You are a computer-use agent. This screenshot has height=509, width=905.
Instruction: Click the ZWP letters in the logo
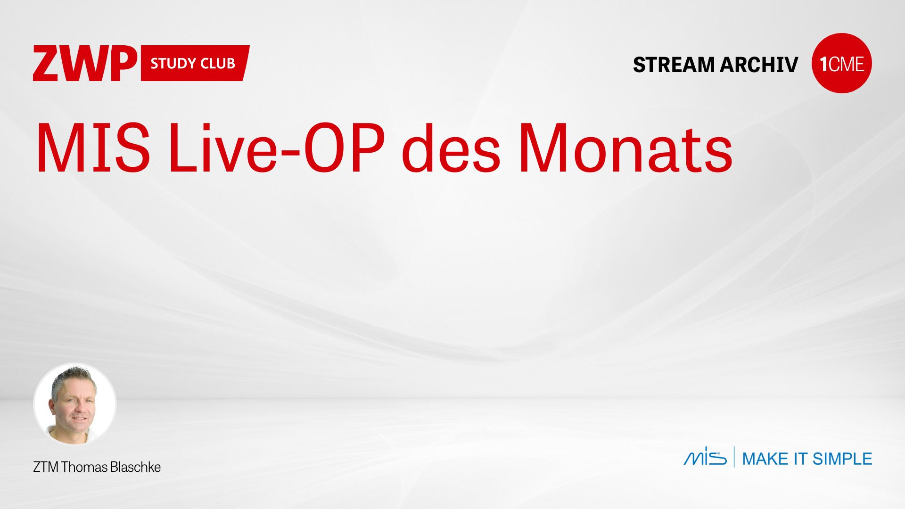coord(85,63)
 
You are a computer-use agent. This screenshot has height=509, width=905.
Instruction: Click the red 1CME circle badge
coord(842,63)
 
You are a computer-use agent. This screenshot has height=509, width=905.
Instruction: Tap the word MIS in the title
coord(93,148)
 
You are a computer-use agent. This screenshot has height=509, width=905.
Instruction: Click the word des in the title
coord(451,148)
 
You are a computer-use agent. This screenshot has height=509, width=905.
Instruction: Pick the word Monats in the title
coord(625,148)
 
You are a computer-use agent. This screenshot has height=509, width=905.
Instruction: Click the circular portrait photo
coord(75,404)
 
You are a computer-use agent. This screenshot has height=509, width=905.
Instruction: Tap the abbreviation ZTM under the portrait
coord(46,467)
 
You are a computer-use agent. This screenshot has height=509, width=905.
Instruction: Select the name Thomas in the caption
coord(84,467)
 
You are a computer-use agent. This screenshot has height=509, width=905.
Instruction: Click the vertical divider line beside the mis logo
coord(734,457)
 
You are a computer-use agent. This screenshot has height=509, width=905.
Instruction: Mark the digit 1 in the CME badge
coord(823,64)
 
